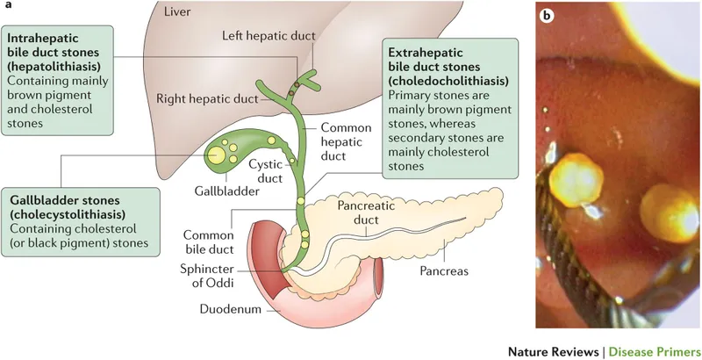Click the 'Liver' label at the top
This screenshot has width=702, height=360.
(x=183, y=11)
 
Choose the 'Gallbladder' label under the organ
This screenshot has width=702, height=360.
(x=221, y=191)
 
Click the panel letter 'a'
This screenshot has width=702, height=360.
(x=7, y=8)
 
